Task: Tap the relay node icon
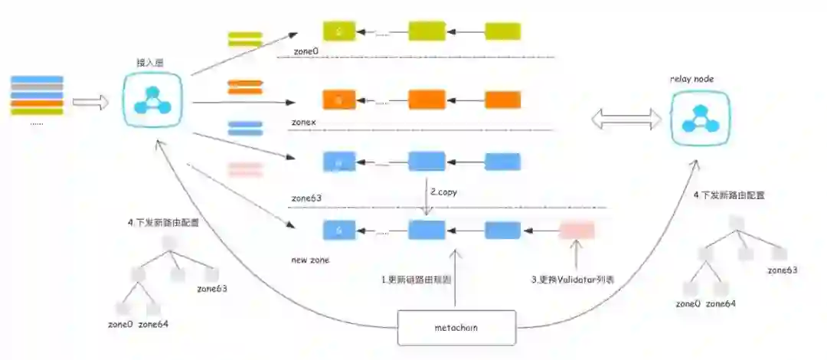point(698,117)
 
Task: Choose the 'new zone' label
point(310,260)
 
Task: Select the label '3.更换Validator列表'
point(573,280)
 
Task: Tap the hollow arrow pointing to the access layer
point(90,103)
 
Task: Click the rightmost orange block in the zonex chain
point(503,100)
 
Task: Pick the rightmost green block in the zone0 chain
point(503,31)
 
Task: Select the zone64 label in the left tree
point(153,324)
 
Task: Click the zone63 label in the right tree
point(783,270)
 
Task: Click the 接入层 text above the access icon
point(151,63)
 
